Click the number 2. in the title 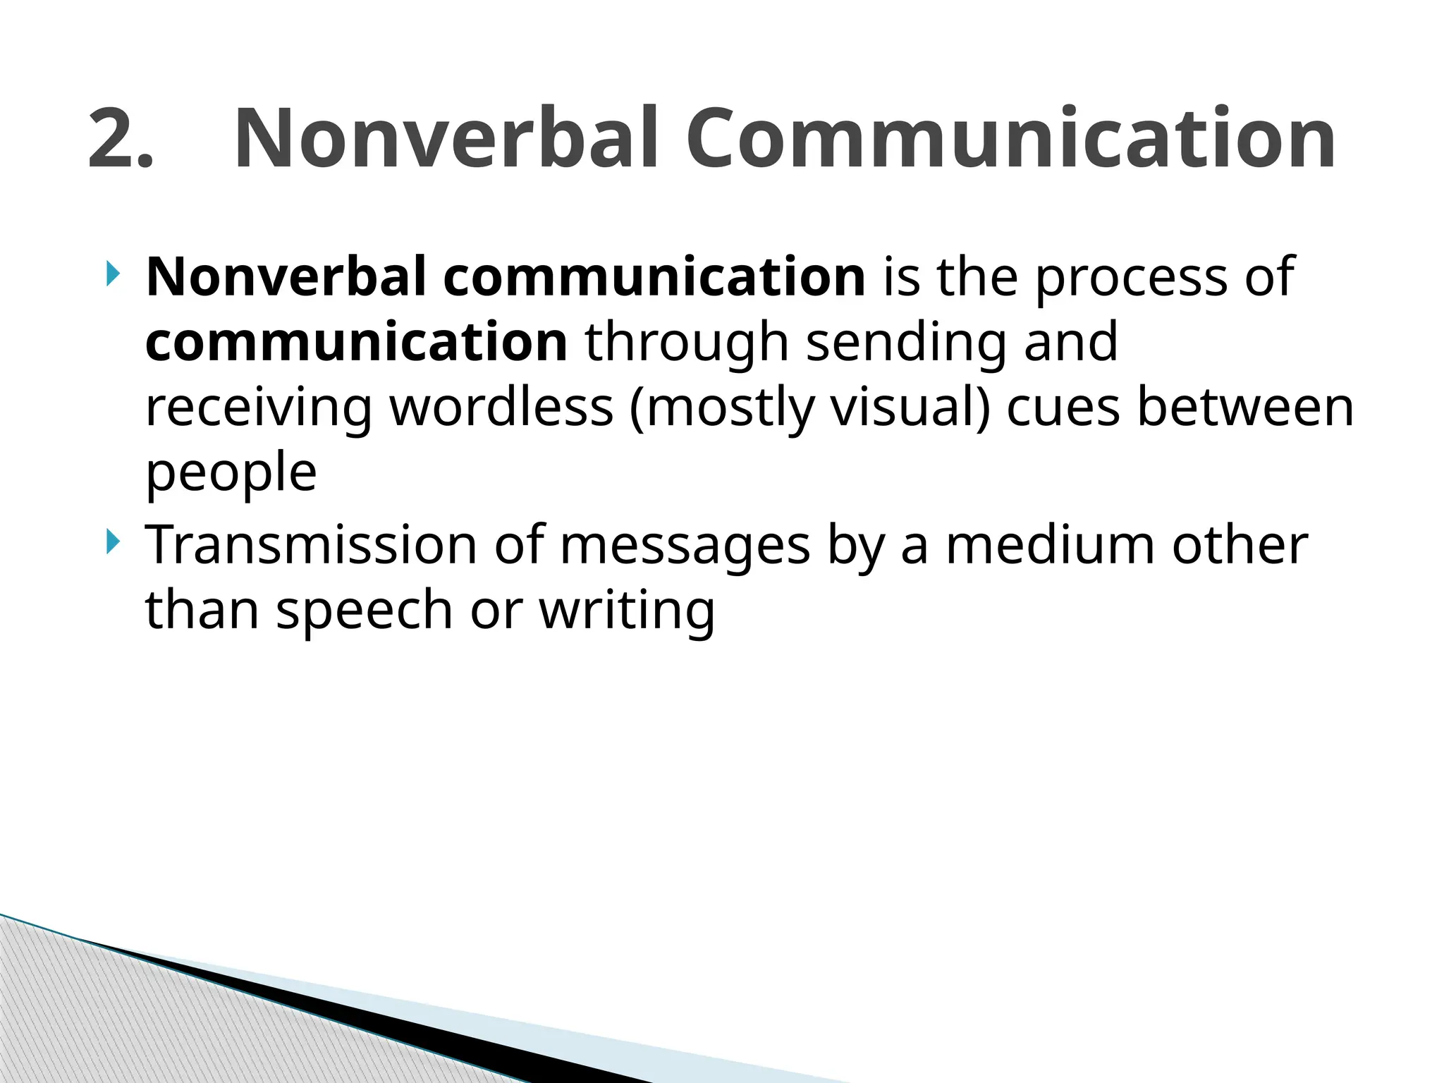click(x=120, y=139)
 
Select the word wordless click(x=501, y=408)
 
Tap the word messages click(x=685, y=546)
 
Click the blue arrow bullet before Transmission click(x=112, y=543)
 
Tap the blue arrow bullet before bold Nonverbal click(x=112, y=274)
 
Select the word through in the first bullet click(x=686, y=343)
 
